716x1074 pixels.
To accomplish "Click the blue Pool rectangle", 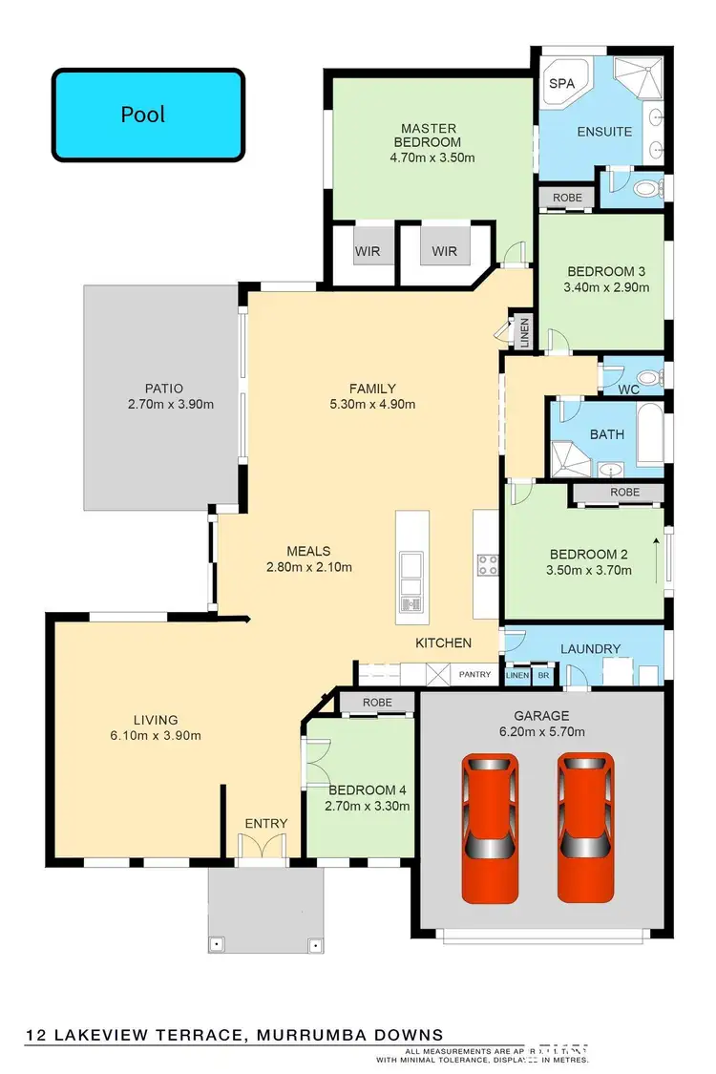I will click(x=148, y=116).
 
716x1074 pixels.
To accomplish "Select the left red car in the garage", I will click(x=491, y=827).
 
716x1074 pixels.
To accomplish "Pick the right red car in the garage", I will click(x=587, y=827).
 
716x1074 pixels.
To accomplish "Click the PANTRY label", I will click(x=474, y=675).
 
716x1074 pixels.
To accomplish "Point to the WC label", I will click(x=627, y=390).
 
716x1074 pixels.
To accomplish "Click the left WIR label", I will click(x=368, y=252).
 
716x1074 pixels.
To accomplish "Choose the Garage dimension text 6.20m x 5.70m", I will click(x=542, y=732).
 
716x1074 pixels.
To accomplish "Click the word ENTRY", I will click(x=266, y=823).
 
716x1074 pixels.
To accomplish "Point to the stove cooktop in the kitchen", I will click(x=487, y=564).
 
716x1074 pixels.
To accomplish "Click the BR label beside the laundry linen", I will click(x=543, y=675).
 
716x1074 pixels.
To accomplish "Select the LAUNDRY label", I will click(x=590, y=649).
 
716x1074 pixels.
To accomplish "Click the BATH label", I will click(x=606, y=434).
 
